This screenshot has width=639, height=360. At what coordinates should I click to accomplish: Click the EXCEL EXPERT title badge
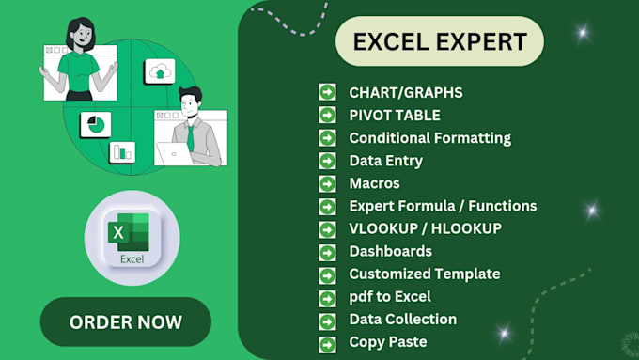point(439,41)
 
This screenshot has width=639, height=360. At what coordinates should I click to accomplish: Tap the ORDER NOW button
point(126,322)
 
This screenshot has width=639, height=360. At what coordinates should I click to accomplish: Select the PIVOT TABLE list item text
point(395,115)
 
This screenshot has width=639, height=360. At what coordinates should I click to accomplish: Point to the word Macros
point(374,183)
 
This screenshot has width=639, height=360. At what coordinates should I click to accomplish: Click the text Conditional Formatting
point(429,137)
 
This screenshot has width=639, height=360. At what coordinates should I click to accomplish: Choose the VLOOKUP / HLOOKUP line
point(425,228)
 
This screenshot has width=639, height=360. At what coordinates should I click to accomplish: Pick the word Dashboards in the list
point(390,251)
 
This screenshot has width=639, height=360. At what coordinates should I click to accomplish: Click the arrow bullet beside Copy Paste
point(327,343)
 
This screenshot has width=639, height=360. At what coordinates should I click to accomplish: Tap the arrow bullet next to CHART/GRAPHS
point(327,92)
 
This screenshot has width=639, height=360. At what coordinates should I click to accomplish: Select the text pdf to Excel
point(390,297)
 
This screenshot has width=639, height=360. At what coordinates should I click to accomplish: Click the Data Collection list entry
point(402,320)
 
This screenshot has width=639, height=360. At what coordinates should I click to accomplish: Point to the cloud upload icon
point(160,71)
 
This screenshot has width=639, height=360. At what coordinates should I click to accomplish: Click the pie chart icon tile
point(95,125)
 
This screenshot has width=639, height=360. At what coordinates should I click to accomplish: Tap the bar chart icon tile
point(122,151)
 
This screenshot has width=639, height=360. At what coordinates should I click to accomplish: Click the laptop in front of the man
point(179,153)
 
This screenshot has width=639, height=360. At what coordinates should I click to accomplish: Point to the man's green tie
point(190,136)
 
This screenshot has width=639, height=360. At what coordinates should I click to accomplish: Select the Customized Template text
point(424,274)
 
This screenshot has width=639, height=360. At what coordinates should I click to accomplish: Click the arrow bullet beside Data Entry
point(327,161)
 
